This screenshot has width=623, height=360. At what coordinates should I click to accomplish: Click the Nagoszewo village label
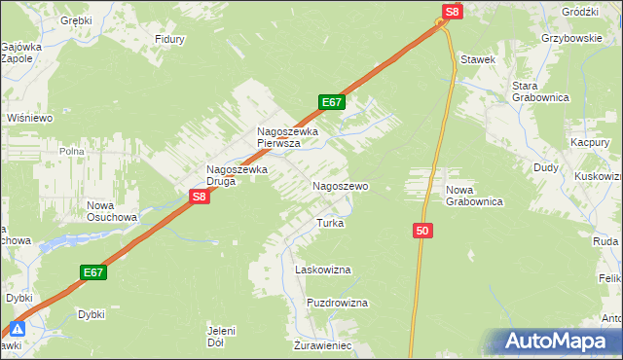[x=340, y=185]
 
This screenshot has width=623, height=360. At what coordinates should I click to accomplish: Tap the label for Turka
[x=330, y=223]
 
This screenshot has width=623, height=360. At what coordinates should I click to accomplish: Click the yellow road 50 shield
[x=421, y=231]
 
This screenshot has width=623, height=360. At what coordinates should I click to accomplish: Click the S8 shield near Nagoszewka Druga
[x=199, y=197]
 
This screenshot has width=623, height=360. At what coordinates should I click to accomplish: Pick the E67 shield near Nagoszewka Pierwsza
[x=331, y=102]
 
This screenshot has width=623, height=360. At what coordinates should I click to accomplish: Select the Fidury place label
[x=169, y=40]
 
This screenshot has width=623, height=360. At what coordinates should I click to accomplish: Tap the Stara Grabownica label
[x=531, y=91]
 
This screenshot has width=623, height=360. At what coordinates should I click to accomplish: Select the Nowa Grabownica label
[x=473, y=196]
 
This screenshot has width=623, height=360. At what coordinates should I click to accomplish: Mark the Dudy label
[x=545, y=167]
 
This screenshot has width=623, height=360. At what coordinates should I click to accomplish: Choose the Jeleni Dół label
[x=222, y=336]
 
